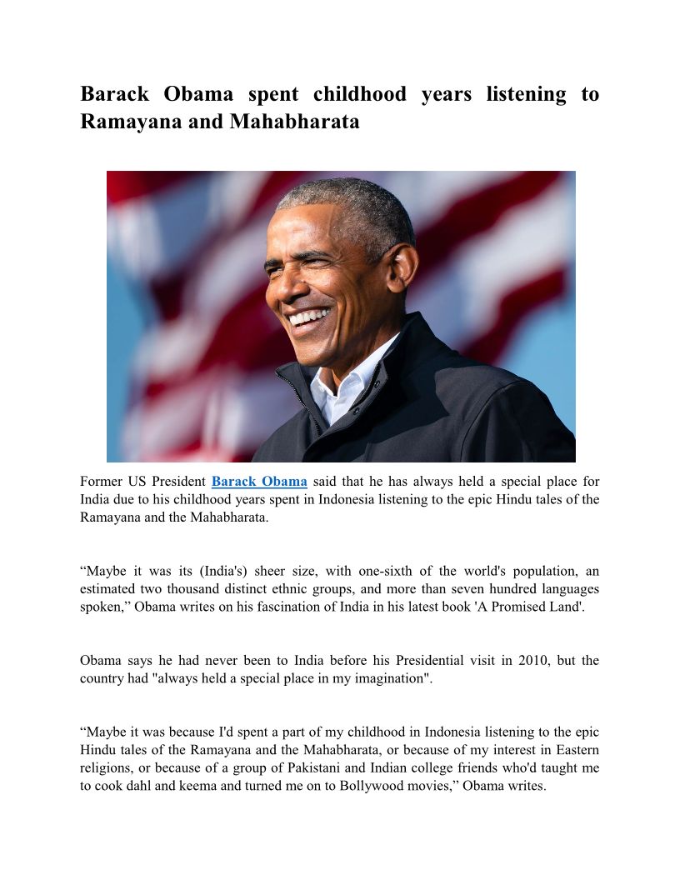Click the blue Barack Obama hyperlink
pos(259,482)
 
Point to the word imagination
pos(385,678)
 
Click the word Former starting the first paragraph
pos(101,482)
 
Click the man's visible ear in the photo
pos(402,266)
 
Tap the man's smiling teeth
pos(308,317)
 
